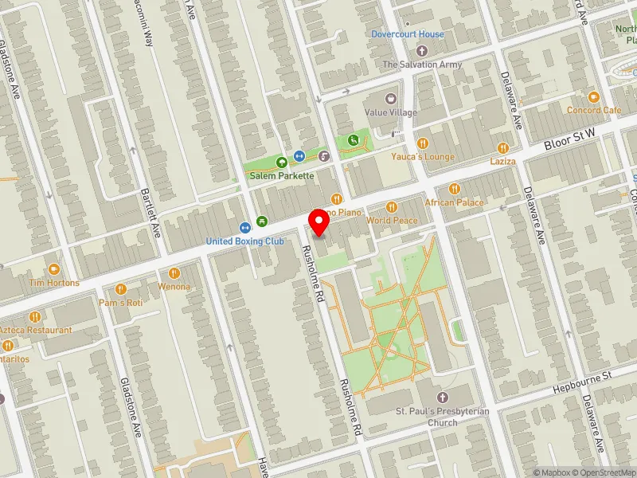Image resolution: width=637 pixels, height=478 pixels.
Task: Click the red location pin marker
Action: [320, 223]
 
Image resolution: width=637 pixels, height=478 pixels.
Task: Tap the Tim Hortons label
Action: [54, 283]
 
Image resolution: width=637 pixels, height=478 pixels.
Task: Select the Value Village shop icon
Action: [390, 98]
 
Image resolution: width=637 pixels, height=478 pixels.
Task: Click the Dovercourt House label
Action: [408, 34]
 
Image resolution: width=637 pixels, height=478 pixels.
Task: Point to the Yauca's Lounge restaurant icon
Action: [423, 143]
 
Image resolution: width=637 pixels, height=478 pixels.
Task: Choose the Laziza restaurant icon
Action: [502, 147]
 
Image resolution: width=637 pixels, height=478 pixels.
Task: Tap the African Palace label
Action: [454, 202]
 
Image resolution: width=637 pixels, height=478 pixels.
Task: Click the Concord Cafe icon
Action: [594, 96]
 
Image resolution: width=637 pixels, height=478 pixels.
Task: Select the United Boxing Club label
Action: [244, 241]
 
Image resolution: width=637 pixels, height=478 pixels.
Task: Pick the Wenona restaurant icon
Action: [174, 273]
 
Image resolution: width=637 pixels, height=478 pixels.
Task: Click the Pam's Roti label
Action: [121, 303]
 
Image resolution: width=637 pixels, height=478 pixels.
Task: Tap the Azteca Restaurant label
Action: [36, 330]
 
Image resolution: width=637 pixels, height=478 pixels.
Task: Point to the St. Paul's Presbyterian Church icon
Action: [444, 397]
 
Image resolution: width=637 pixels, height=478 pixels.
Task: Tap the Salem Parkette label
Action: [281, 175]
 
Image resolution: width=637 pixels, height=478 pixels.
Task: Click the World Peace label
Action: [392, 220]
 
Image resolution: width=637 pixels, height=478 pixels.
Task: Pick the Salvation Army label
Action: [422, 65]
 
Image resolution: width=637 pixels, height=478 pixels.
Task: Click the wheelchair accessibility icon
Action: [353, 141]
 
